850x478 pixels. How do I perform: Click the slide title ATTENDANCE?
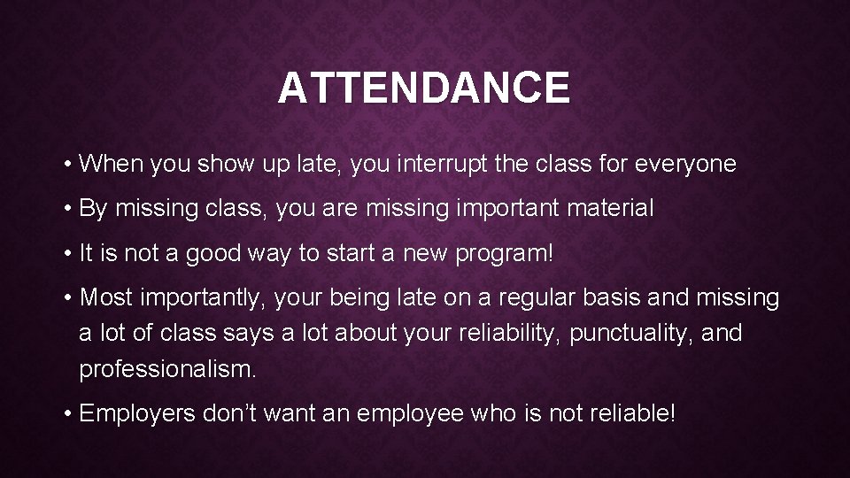tap(424, 88)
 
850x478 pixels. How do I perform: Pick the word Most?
tap(104, 298)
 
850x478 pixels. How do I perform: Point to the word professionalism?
tap(167, 369)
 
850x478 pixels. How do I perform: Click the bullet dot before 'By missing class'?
tap(68, 210)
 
